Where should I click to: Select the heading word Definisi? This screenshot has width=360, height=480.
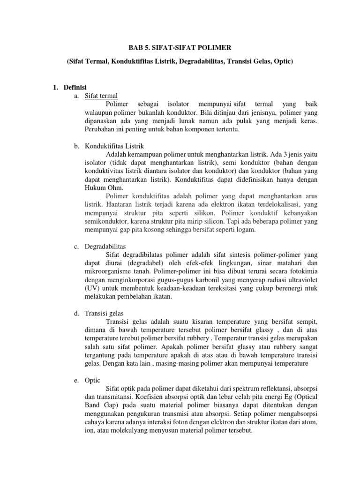point(76,87)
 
